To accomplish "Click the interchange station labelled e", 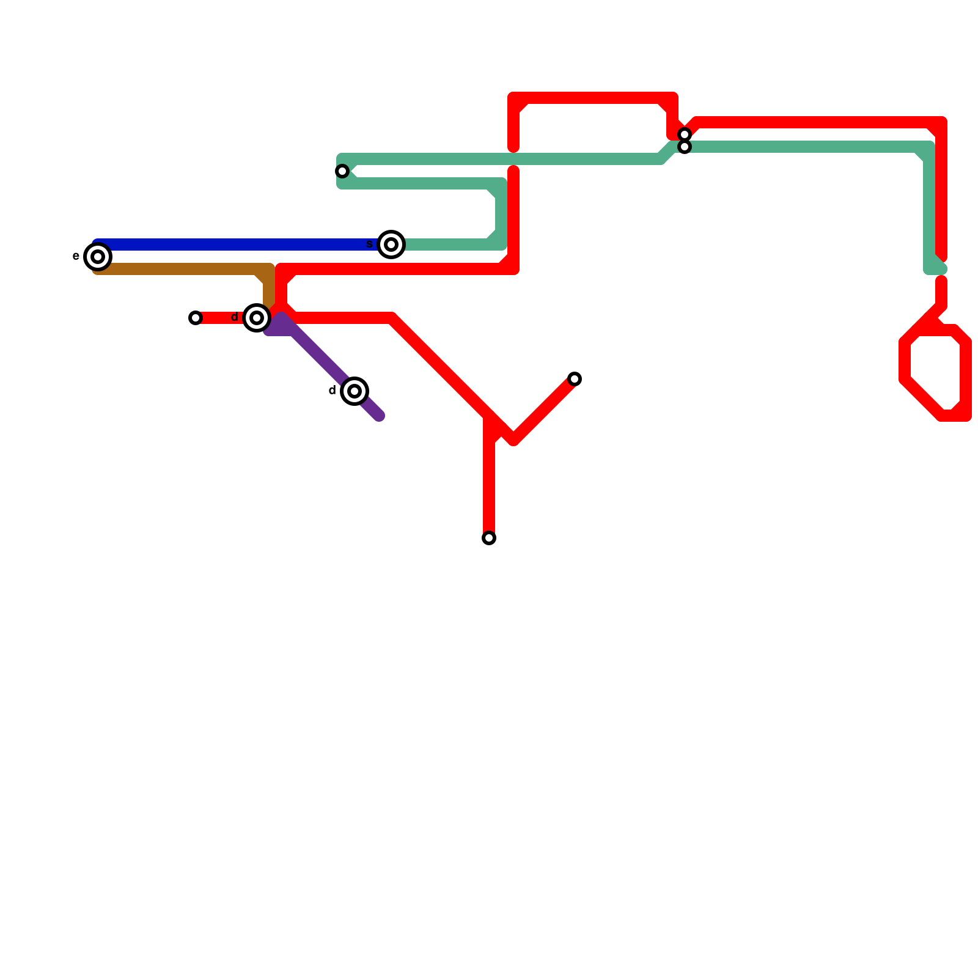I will (98, 257).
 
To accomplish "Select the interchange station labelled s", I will (391, 244).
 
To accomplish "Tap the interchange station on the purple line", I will (355, 391).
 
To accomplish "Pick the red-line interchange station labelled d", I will (257, 318).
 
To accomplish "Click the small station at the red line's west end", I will (196, 318).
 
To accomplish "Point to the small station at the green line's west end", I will (342, 171).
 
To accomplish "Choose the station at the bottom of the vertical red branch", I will (489, 538).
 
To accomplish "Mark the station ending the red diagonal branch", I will (575, 379).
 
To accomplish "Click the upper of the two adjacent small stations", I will (685, 134).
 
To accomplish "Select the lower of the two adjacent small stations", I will (685, 147).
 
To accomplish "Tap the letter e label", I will (76, 257).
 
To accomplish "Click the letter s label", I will (369, 244).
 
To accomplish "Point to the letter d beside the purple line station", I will (332, 391).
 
